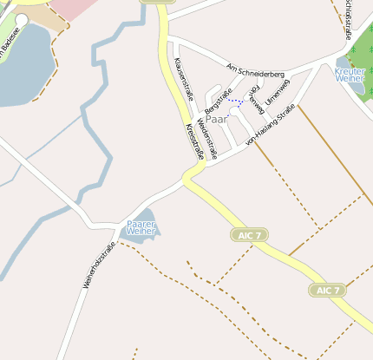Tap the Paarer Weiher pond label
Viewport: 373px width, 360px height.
[x=141, y=228]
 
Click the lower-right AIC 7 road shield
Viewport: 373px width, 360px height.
[x=328, y=290]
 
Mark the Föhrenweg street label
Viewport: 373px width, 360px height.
[x=256, y=99]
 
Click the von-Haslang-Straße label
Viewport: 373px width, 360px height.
[x=271, y=125]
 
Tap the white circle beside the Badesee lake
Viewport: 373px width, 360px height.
[x=21, y=18]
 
